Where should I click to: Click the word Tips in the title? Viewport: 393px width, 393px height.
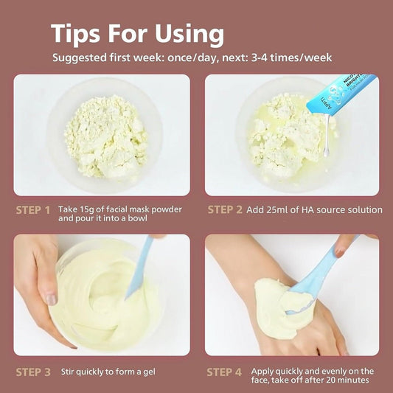click(x=75, y=33)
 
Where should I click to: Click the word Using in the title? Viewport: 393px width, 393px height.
click(x=189, y=34)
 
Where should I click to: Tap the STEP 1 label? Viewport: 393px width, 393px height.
click(x=33, y=210)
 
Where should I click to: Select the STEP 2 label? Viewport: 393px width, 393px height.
click(x=225, y=209)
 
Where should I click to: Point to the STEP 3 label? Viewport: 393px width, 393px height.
click(x=33, y=372)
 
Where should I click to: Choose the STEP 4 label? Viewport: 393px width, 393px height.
click(x=224, y=372)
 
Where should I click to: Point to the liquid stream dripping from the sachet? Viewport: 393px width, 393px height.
click(x=327, y=136)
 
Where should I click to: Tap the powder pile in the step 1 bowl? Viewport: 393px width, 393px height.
click(x=106, y=136)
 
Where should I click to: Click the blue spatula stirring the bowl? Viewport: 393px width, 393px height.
click(x=139, y=268)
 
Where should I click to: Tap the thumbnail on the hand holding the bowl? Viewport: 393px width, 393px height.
click(x=52, y=299)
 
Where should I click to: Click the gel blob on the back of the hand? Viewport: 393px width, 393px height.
click(x=283, y=307)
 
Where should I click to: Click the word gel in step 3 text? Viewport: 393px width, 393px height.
click(x=150, y=372)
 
